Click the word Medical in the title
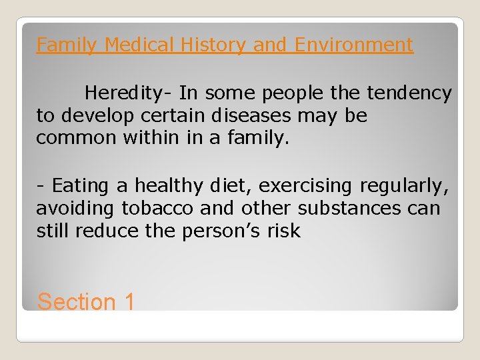136,45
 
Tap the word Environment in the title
354,45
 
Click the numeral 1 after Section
129,302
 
